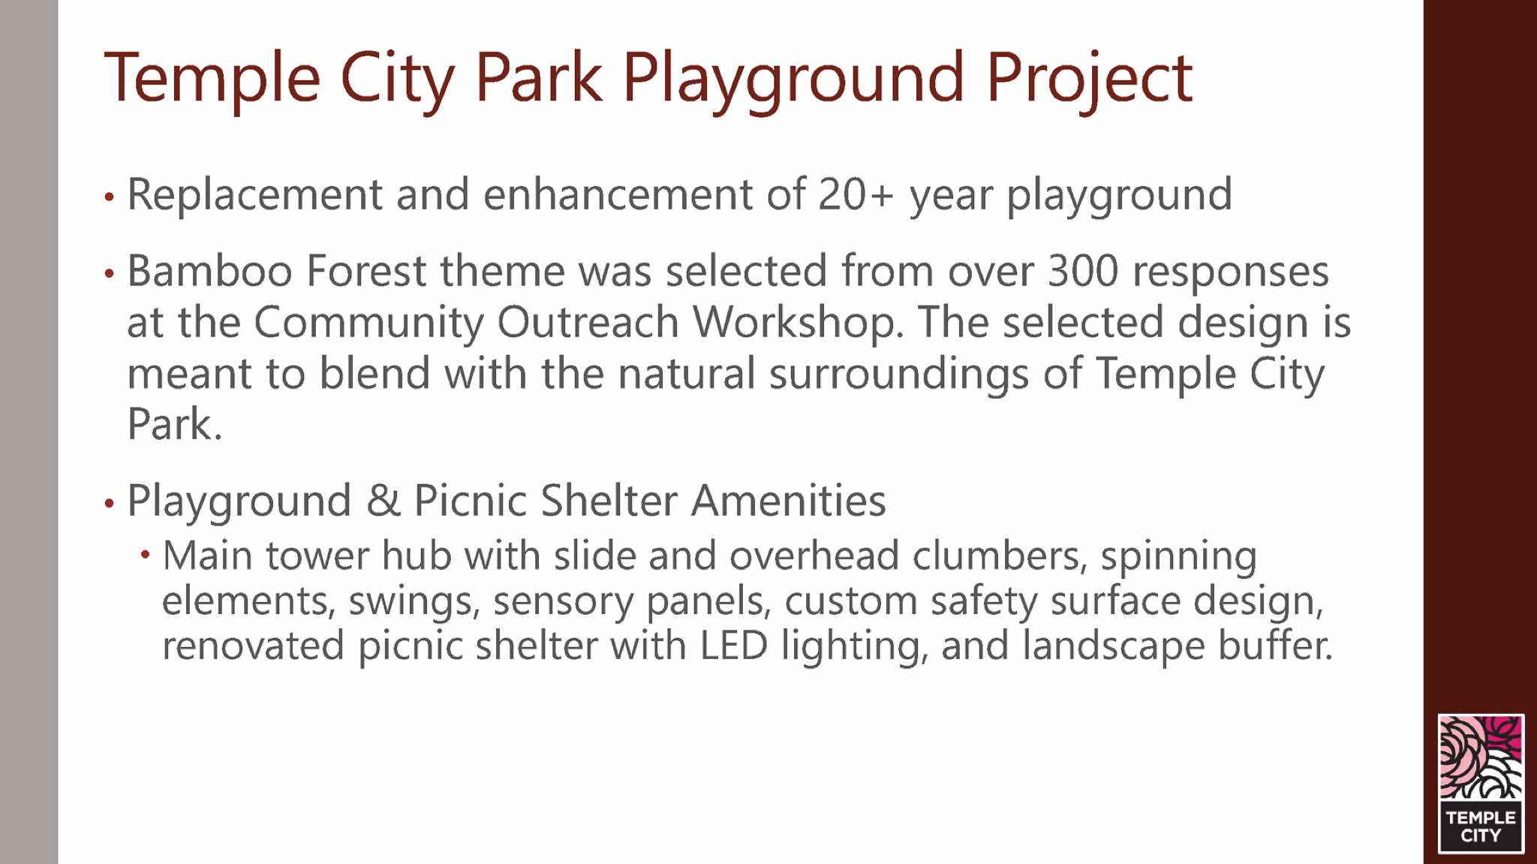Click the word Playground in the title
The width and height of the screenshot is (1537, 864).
click(x=793, y=79)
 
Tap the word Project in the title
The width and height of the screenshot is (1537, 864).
click(x=1089, y=79)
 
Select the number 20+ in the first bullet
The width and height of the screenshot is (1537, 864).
click(x=856, y=194)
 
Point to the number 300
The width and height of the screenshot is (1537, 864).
click(x=1083, y=271)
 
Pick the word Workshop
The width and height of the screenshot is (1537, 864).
click(x=798, y=322)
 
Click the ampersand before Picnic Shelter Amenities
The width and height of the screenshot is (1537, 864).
click(x=383, y=501)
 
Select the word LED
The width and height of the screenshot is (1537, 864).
click(x=734, y=646)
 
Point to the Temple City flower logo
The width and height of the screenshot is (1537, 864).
click(x=1481, y=783)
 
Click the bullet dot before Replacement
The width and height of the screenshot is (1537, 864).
click(x=110, y=197)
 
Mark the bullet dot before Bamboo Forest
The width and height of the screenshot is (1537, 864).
click(x=110, y=274)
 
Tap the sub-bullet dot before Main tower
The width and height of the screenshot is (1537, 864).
click(x=146, y=555)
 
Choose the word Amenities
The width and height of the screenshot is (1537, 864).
click(x=788, y=501)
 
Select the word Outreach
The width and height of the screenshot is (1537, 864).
click(x=588, y=322)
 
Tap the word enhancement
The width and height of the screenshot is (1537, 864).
click(x=618, y=194)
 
